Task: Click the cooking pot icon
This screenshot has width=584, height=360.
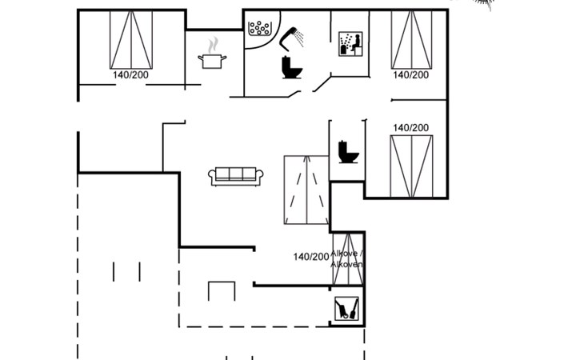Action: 212,61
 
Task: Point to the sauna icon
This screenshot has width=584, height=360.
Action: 350,43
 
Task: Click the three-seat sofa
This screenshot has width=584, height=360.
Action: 236,176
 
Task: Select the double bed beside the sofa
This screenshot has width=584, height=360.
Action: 306,190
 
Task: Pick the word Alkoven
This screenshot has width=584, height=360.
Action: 347,264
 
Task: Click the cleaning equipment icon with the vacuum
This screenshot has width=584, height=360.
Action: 346,308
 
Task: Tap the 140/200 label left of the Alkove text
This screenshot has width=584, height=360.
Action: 311,257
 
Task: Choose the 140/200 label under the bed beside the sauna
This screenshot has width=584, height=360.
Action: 410,74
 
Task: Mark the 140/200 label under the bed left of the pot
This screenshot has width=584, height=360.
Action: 130,74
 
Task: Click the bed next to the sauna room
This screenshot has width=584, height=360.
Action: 411,40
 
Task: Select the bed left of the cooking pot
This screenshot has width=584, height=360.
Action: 130,40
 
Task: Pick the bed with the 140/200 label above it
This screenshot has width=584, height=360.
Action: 410,166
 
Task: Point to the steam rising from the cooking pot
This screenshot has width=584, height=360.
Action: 213,45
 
